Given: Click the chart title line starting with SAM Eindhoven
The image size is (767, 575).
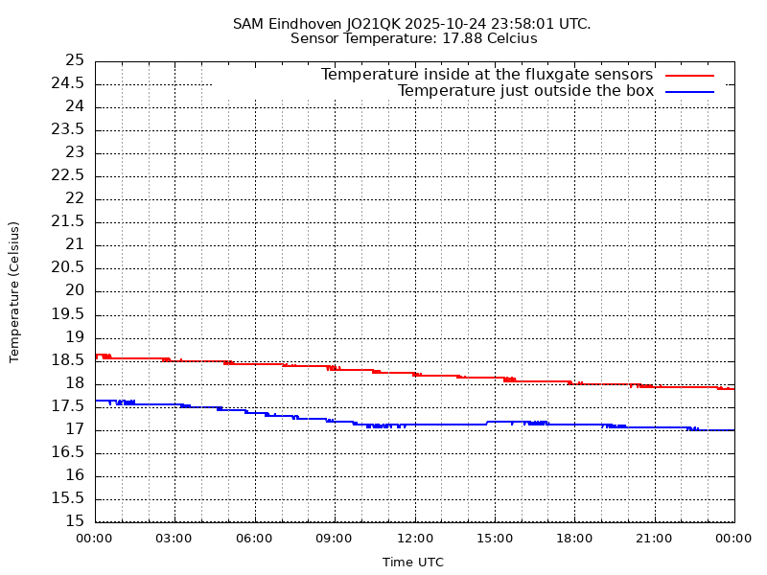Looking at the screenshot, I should coord(411,23).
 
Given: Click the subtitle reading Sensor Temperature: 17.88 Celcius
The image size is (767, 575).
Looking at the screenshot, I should coord(413,38).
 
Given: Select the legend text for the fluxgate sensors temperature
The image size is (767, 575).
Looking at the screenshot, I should coord(486,75).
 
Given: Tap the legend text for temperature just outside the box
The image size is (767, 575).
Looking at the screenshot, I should coord(525,91).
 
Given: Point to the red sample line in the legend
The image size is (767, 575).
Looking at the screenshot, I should coord(690,75).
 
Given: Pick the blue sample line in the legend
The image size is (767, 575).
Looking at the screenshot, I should coord(690,91).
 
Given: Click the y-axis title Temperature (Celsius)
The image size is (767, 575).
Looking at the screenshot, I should coord(14,291).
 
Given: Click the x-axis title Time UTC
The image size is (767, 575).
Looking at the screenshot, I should coord(413,563).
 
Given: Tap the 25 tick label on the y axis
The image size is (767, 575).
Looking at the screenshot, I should coord(75,60).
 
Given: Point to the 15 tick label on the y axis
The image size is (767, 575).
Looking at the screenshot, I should coord(75,521).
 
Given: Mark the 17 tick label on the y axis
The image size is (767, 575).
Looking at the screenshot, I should coord(75,429).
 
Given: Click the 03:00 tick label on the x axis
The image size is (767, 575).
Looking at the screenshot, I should coord(174,539).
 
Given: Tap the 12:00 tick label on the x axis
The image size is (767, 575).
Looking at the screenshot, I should coord(414,539).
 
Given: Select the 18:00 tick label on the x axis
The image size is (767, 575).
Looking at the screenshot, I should coord(574,539).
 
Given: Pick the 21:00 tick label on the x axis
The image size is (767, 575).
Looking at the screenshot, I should coord(654,539).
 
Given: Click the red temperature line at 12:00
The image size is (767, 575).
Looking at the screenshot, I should coord(414,374).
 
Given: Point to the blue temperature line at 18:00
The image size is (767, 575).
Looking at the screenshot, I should coord(574,424).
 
